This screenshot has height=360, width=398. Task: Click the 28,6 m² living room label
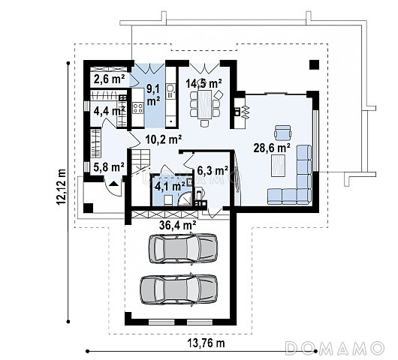(x=272, y=148)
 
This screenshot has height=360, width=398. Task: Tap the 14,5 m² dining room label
(x=204, y=83)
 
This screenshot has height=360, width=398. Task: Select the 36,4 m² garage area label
(x=178, y=224)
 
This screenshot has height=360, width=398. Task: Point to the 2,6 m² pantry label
(x=109, y=79)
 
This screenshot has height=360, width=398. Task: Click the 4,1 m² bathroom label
(x=170, y=187)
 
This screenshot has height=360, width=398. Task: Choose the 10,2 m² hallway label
(x=164, y=139)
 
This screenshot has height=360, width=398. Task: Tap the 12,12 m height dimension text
(x=61, y=186)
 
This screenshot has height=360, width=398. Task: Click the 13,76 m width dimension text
(x=206, y=343)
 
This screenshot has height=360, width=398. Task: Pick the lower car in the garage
(x=179, y=289)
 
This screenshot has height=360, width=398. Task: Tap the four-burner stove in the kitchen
(x=138, y=108)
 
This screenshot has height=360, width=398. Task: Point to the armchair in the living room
(x=282, y=133)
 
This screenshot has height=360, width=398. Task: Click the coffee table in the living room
(x=278, y=166)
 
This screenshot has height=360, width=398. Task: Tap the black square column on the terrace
(x=314, y=65)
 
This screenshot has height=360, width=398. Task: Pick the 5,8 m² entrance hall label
(x=109, y=167)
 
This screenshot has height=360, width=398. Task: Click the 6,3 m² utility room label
(x=213, y=170)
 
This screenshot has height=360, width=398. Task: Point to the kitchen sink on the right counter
(x=170, y=88)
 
